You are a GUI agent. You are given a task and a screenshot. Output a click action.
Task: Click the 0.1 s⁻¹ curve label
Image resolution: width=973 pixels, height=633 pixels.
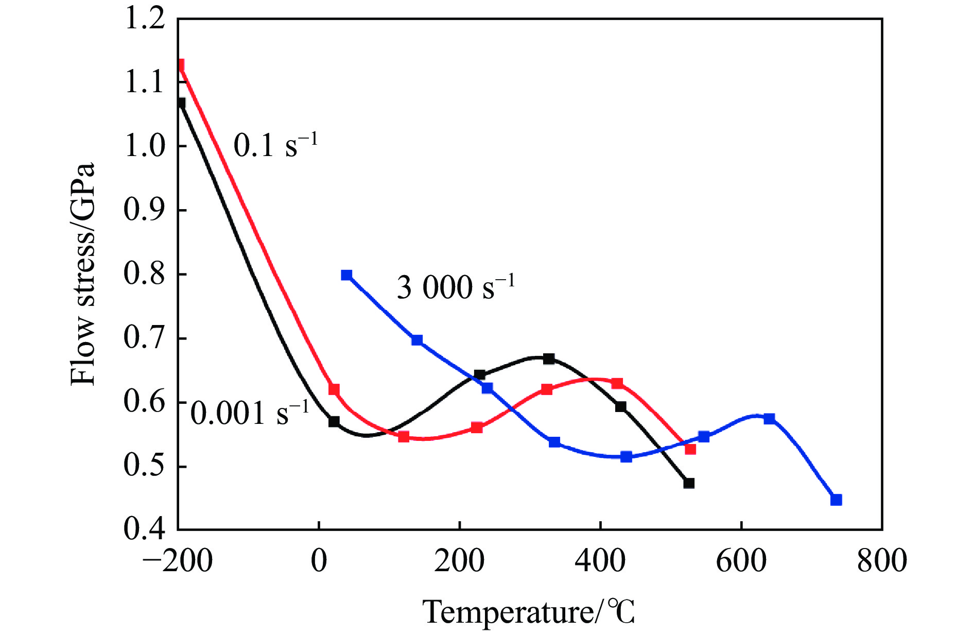[x=275, y=145]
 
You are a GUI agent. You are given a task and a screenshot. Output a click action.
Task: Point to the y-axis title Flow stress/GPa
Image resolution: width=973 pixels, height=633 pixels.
[x=83, y=274]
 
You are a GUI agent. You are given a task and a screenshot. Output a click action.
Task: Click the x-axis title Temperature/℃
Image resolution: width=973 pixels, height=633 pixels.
[x=529, y=612]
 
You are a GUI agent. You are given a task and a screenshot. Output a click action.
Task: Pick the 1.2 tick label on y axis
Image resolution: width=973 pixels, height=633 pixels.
[x=145, y=19]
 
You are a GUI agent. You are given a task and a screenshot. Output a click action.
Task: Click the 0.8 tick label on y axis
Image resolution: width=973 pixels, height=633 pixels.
[x=145, y=274]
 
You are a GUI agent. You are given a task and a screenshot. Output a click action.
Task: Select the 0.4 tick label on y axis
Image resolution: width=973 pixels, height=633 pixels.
[x=145, y=529]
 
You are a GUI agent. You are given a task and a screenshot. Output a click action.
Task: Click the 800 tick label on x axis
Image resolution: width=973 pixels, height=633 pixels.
[x=882, y=560]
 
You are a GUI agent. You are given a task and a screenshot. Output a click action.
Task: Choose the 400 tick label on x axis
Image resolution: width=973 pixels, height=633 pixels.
[x=600, y=560]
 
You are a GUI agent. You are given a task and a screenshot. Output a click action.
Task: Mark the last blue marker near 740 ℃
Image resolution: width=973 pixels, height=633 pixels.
[x=836, y=500]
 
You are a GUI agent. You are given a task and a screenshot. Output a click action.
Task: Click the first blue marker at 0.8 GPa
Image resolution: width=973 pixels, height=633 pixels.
[x=346, y=275]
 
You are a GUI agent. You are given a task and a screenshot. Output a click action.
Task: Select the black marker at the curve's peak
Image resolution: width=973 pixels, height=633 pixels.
[x=549, y=358]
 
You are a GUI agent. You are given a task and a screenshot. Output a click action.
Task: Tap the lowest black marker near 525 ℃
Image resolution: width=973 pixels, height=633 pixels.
[x=689, y=483]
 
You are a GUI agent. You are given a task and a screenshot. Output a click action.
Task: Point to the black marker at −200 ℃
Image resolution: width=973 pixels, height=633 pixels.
[x=180, y=103]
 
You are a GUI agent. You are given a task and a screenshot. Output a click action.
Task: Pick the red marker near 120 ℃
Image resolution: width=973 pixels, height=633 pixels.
[x=404, y=437]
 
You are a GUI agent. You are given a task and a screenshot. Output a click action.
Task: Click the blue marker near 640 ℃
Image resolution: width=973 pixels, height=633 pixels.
[x=769, y=418]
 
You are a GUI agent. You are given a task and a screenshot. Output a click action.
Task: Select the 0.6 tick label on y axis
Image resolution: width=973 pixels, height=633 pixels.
[x=145, y=402]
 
